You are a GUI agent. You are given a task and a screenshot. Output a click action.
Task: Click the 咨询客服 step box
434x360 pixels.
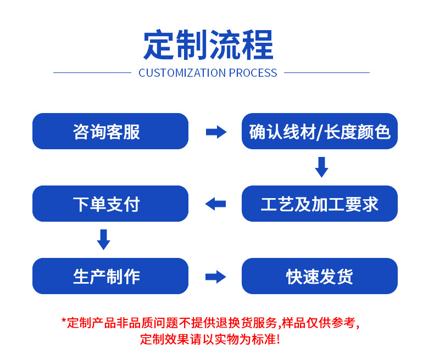click(x=110, y=131)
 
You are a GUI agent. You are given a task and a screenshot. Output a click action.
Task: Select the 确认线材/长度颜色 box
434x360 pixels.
click(x=319, y=131)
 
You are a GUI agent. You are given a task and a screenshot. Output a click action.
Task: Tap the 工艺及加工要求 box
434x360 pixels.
click(x=319, y=204)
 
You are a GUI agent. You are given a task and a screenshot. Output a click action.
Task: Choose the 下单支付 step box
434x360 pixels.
click(x=110, y=204)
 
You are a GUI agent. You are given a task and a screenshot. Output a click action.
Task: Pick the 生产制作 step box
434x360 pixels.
click(x=110, y=276)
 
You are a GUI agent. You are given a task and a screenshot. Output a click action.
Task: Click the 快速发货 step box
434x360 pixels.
click(x=319, y=276)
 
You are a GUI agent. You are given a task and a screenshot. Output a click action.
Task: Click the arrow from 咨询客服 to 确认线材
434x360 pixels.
click(x=216, y=132)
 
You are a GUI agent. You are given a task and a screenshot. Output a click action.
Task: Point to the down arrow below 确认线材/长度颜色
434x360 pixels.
click(x=321, y=167)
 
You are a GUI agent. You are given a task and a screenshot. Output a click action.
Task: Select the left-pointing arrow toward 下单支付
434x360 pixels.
click(x=215, y=204)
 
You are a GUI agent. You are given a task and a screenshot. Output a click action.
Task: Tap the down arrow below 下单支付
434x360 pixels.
click(x=103, y=239)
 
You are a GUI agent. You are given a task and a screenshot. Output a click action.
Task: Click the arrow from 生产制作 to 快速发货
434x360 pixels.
click(x=216, y=277)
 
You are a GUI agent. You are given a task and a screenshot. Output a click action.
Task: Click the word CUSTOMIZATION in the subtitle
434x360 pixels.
click(x=182, y=73)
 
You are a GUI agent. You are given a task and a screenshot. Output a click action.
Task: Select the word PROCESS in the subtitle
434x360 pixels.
click(x=253, y=73)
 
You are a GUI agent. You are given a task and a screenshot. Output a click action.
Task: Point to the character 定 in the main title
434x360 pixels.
click(x=159, y=45)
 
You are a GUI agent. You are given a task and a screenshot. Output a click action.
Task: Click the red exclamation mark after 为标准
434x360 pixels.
click(x=278, y=339)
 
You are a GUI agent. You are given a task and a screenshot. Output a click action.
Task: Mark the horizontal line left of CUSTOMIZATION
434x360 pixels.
click(x=92, y=72)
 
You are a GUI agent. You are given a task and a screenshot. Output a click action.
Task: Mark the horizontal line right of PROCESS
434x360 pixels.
click(x=326, y=72)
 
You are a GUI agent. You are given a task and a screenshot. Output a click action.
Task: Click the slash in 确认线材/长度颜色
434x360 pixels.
click(x=321, y=132)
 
